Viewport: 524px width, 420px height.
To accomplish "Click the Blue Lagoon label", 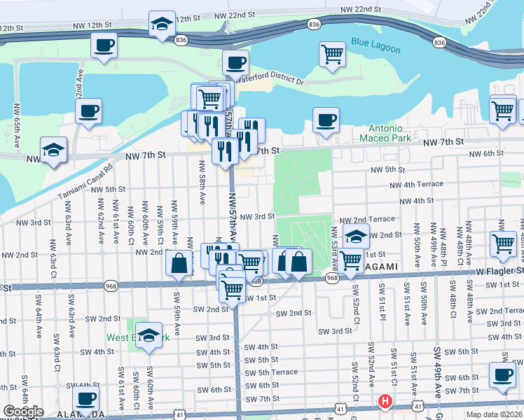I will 375,49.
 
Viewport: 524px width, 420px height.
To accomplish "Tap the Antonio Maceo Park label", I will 386,133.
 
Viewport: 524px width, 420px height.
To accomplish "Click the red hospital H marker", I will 385,402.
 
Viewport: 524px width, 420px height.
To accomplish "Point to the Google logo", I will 23,412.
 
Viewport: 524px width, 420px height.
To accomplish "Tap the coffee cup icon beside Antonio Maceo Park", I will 326,120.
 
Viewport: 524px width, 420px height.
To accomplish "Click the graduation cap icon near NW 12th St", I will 162,23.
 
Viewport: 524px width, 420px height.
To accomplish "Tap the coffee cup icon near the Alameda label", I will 85,398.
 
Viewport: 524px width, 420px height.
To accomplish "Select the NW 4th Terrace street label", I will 417,184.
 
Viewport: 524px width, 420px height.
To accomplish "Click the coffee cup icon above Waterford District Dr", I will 235,62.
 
